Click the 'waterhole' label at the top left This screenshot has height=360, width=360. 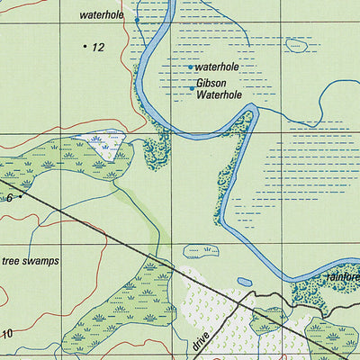pyautogui.click(x=101, y=15)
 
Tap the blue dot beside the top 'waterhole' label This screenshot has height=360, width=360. pyautogui.click(x=137, y=19)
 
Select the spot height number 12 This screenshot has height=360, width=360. pyautogui.click(x=98, y=47)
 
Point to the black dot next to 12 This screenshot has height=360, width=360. pyautogui.click(x=85, y=45)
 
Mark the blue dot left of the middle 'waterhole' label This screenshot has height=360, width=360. pyautogui.click(x=190, y=67)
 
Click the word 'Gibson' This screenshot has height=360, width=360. pyautogui.click(x=211, y=83)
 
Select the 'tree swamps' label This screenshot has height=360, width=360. pyautogui.click(x=30, y=261)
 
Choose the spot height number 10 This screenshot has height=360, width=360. pyautogui.click(x=7, y=334)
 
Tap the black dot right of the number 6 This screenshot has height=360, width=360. pyautogui.click(x=21, y=194)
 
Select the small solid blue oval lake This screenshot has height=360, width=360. pyautogui.click(x=245, y=282)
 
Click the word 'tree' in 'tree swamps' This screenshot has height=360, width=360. pyautogui.click(x=11, y=261)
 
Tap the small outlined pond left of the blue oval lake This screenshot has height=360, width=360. pyautogui.click(x=198, y=249)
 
